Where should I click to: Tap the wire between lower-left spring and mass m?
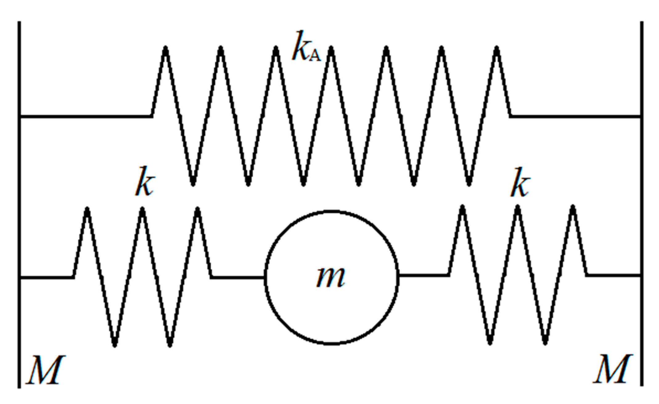pos(237,278)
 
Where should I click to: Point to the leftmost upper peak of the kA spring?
pos(166,49)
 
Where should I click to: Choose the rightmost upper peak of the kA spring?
pos(497,49)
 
